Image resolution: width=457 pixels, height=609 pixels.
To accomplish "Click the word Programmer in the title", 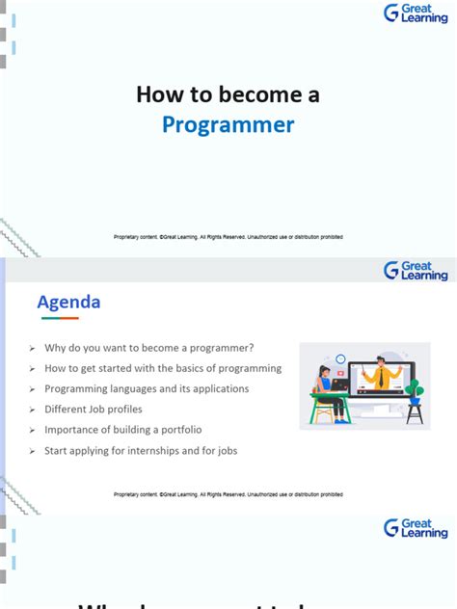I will [228, 125].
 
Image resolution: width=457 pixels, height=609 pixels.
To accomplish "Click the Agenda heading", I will [68, 303].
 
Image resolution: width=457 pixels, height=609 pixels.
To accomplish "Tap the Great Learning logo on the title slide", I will [415, 13].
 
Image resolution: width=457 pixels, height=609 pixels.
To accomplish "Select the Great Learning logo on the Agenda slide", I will [415, 271].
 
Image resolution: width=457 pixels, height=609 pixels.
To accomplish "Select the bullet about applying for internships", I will [140, 450].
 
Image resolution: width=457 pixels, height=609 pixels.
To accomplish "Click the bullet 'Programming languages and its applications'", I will [146, 388].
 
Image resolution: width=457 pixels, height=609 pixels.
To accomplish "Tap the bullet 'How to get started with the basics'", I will [162, 368].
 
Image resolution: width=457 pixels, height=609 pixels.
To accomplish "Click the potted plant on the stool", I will [415, 389].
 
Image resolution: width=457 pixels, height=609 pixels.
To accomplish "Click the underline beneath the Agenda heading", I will [69, 318].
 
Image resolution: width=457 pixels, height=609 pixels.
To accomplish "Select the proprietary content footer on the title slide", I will [228, 237].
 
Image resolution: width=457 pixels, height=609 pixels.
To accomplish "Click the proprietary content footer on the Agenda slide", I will [228, 494].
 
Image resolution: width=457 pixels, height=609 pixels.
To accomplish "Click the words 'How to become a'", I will [228, 94].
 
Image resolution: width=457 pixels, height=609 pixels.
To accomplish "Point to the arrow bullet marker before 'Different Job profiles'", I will [32, 410].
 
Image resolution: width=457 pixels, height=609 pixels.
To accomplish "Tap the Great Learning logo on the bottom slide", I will [415, 528].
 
